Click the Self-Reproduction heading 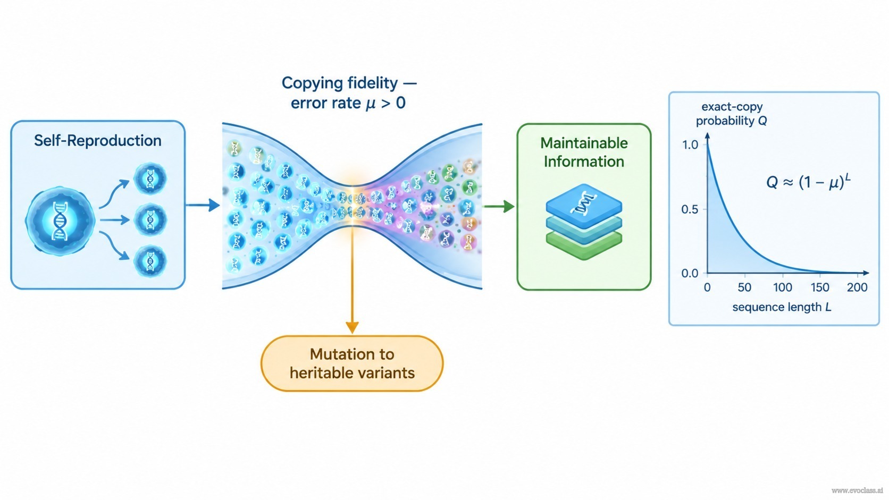point(98,141)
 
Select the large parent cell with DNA point(60,221)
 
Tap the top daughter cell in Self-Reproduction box point(150,179)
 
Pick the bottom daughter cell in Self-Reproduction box point(150,261)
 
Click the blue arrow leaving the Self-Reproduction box point(203,205)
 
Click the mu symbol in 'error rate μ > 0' point(370,104)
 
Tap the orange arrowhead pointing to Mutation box point(352,327)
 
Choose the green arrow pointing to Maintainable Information point(499,206)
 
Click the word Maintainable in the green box point(584,143)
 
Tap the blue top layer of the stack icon point(584,206)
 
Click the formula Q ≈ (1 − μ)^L point(808,182)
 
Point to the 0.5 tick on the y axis point(690,209)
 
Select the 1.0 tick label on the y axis point(690,145)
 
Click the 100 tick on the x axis point(783,287)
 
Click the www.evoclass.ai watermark point(857,490)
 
